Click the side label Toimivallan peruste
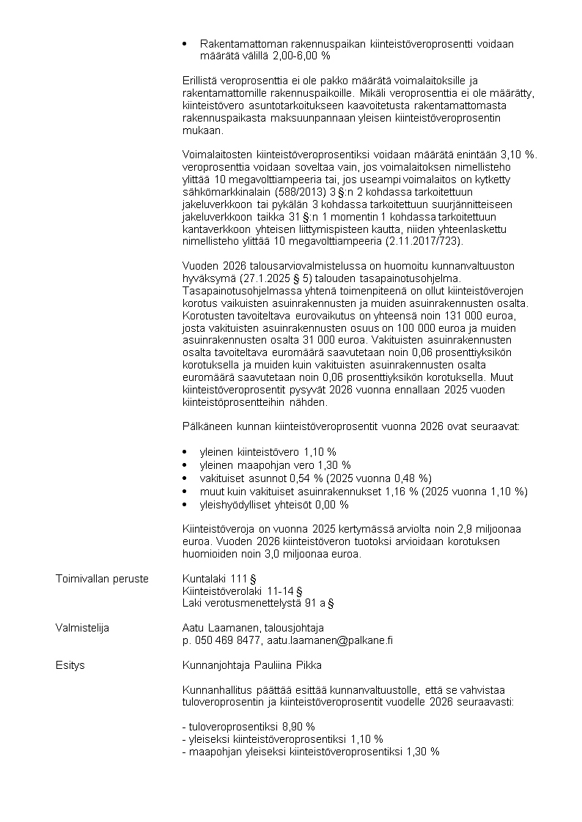[101, 579]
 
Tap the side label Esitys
[70, 665]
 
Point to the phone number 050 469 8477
[226, 640]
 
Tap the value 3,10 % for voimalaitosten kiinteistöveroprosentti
[517, 154]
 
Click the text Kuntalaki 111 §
[218, 579]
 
